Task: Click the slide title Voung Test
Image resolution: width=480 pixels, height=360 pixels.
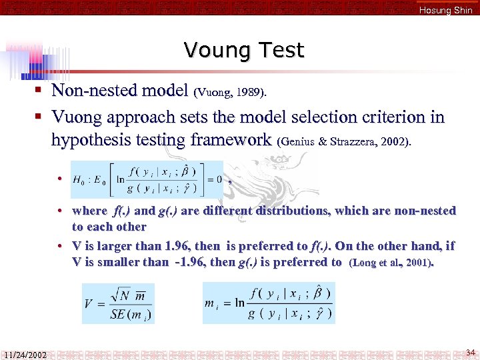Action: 243,50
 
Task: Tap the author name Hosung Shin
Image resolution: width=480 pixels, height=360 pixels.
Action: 445,10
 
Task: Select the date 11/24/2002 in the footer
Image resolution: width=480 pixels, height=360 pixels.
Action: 24,355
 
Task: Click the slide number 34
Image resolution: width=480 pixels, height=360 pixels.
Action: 470,352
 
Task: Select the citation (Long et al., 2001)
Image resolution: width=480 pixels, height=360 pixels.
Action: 391,263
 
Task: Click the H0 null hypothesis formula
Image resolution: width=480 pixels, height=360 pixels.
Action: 147,179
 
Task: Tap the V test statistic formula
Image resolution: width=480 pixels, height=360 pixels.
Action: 118,304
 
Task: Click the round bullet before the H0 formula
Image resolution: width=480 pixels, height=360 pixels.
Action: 60,179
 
